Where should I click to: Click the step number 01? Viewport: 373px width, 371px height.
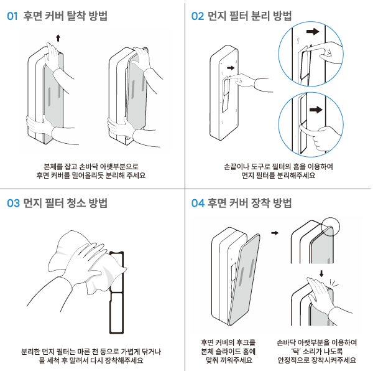tap(12, 16)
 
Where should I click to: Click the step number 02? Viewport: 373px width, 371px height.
tap(198, 16)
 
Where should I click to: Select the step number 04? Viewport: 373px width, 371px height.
tap(198, 203)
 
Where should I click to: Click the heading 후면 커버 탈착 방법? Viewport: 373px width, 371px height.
tap(65, 16)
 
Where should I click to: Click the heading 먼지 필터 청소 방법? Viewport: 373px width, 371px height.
tap(65, 202)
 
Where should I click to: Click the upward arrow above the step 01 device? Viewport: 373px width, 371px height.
tap(58, 38)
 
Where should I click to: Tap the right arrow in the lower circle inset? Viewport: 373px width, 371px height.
tap(316, 110)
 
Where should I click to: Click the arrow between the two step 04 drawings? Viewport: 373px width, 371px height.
tap(275, 233)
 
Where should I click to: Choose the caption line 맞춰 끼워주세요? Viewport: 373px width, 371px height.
tap(228, 360)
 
